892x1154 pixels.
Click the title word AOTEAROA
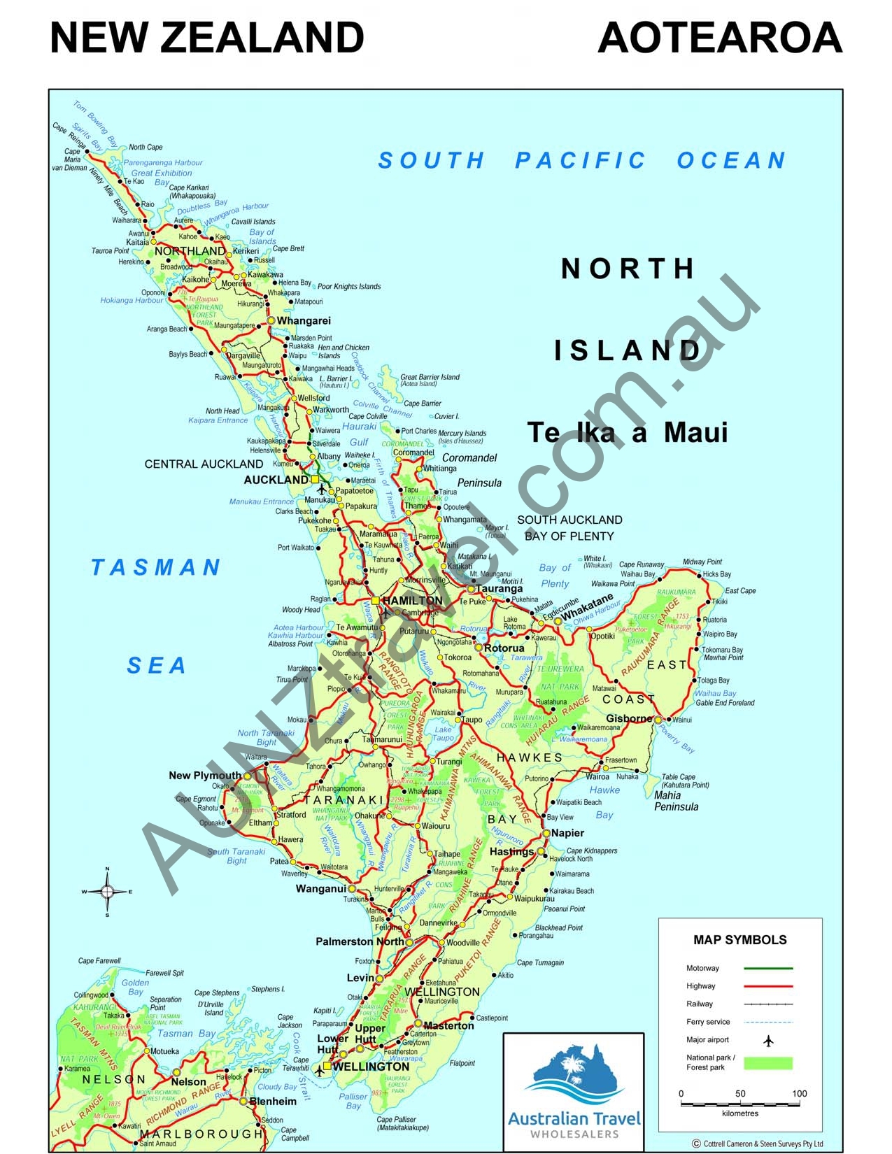coord(720,38)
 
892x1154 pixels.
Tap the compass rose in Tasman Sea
coord(107,891)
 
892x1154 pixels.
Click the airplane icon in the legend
coord(768,1041)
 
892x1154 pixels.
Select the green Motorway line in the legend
coord(767,969)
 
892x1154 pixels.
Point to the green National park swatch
coord(767,1063)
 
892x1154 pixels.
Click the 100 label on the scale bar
coord(799,1093)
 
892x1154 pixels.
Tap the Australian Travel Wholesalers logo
coord(574,1091)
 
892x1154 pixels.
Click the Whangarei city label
coord(304,321)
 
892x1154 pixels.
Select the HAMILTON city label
coord(413,601)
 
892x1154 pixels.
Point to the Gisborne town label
coord(629,718)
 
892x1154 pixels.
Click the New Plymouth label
coord(204,775)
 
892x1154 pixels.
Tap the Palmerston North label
coord(360,941)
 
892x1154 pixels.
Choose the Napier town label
coord(567,833)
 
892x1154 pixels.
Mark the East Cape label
coord(740,591)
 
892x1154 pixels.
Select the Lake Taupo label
coord(443,734)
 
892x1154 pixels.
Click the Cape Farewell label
coord(99,961)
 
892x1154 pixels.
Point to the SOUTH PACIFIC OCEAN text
coord(581,161)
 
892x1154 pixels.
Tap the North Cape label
coord(146,148)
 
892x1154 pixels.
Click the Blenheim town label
coord(273,1101)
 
